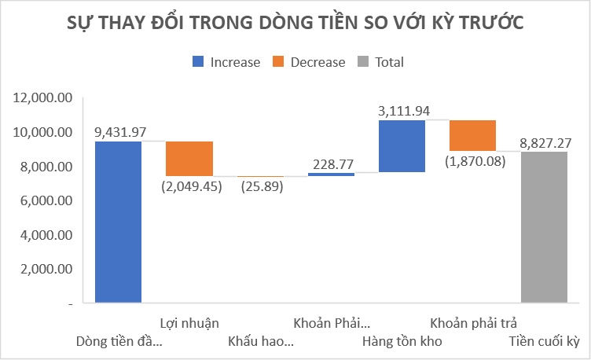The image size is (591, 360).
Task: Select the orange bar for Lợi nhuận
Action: [x=189, y=159]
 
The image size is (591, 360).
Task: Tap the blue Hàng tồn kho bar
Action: [x=402, y=145]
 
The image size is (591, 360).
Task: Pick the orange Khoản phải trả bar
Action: [x=472, y=135]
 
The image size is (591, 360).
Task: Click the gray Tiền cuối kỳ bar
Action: [x=544, y=227]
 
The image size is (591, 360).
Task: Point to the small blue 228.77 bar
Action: [x=331, y=174]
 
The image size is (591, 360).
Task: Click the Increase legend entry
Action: [x=226, y=62]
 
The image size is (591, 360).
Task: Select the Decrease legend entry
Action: [x=309, y=62]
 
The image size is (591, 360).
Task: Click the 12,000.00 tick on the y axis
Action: [x=43, y=98]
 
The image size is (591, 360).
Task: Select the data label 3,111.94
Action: [x=403, y=111]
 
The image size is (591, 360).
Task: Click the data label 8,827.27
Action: [x=545, y=142]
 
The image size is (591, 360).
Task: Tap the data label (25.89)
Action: [x=261, y=186]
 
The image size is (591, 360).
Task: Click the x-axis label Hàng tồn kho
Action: [x=402, y=341]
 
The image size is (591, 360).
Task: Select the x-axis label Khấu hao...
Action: [x=261, y=341]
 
